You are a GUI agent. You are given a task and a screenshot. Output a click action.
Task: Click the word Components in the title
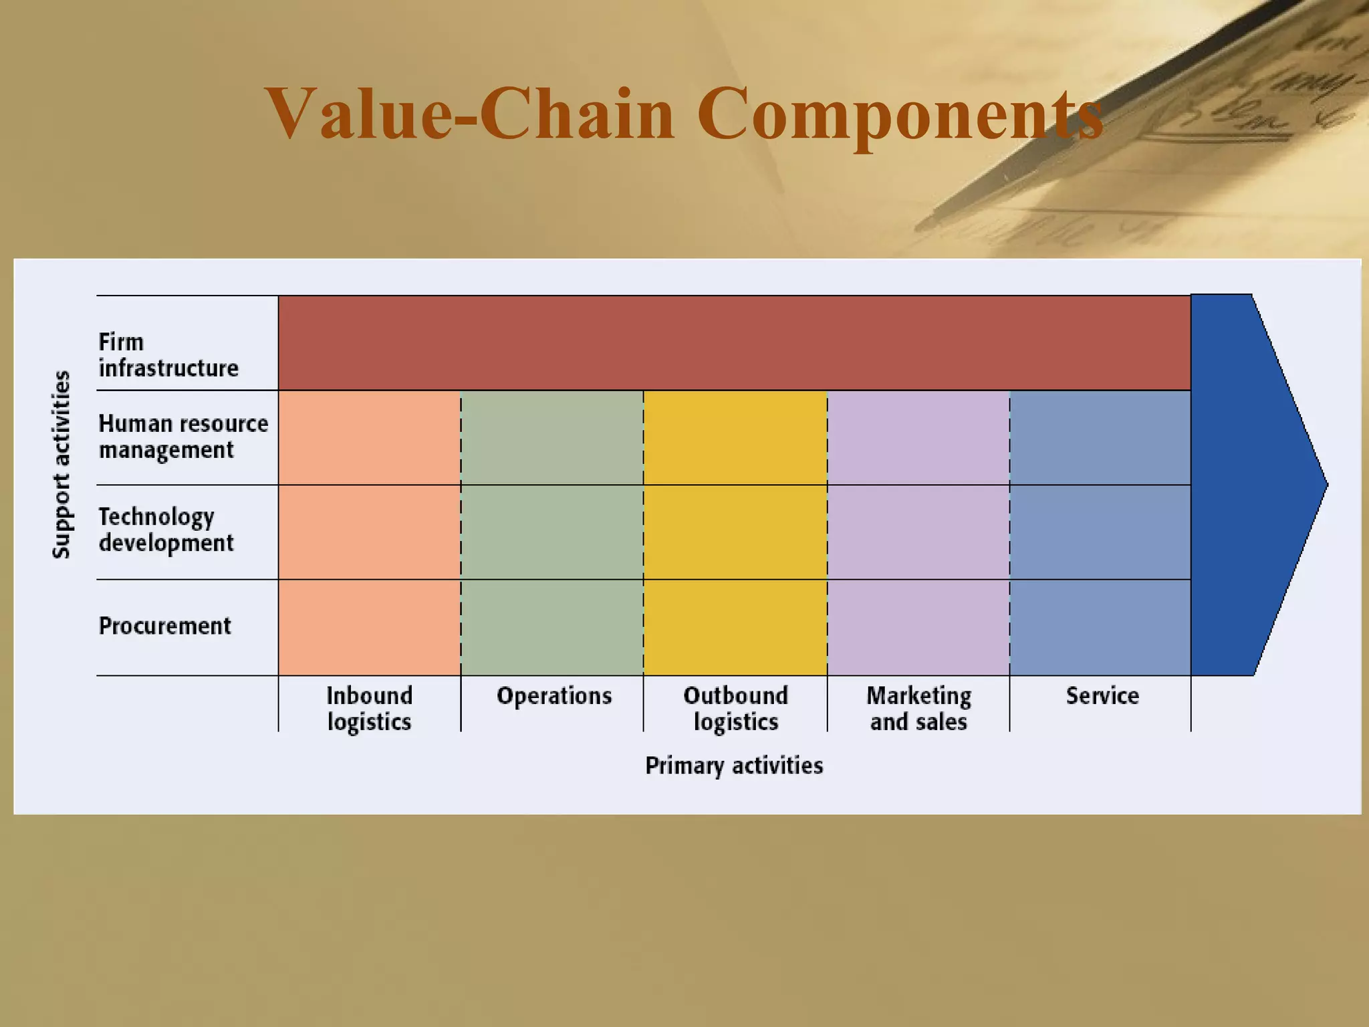pos(899,115)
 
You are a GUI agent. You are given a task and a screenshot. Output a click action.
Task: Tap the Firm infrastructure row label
pos(168,355)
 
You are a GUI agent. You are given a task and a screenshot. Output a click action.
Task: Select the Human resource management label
pos(182,437)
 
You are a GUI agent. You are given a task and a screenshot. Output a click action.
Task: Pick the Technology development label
pos(166,530)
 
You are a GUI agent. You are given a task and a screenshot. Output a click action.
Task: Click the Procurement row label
pos(164,626)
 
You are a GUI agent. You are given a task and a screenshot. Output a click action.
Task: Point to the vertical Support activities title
pos(61,464)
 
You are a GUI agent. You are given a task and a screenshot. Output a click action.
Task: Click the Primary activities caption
pos(733,765)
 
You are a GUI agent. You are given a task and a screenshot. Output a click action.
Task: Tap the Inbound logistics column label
pos(369,709)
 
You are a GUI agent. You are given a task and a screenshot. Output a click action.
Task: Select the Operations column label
pos(553,696)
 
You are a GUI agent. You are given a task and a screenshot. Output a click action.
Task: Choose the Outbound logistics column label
pos(735,709)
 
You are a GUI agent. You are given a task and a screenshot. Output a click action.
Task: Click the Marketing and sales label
pos(918,709)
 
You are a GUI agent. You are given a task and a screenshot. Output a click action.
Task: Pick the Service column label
pos(1102,696)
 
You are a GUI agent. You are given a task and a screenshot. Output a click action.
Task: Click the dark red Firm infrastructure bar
pos(734,343)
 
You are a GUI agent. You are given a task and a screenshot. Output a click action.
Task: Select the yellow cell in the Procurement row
pos(735,627)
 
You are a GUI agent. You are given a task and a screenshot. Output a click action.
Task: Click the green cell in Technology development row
pos(552,532)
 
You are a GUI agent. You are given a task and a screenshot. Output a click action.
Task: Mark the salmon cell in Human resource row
pos(369,438)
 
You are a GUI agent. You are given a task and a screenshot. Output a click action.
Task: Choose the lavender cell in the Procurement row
pos(918,627)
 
